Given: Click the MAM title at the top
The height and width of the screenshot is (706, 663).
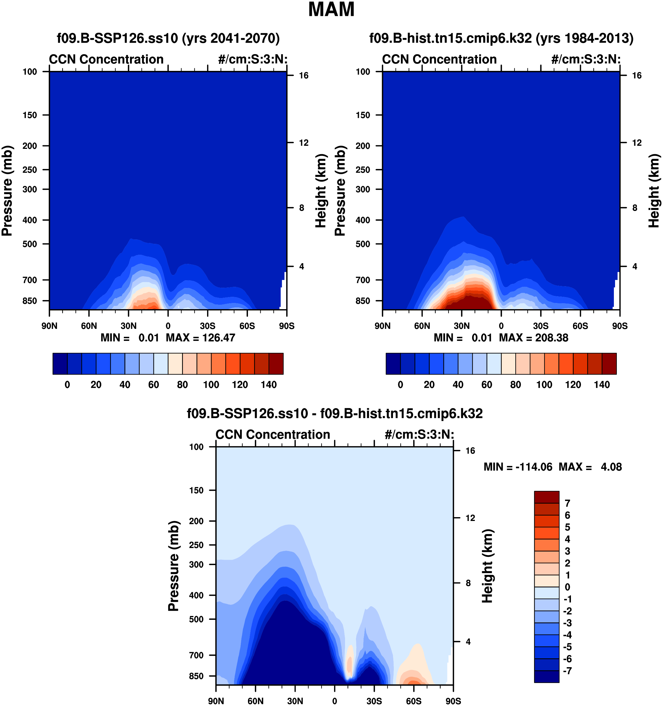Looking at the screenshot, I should (331, 10).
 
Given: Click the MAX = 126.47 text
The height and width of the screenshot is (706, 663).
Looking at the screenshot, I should (200, 338).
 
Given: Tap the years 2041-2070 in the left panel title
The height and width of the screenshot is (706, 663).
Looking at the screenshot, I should (231, 38).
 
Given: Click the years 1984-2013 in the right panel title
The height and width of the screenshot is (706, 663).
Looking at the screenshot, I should (584, 38).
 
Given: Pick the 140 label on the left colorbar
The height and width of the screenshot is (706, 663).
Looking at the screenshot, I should (269, 384).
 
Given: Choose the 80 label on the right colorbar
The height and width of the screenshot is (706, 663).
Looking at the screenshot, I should (515, 384).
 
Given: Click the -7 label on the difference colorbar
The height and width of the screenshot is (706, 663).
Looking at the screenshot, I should (567, 671).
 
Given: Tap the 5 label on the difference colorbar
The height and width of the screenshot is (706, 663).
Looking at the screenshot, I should (567, 527).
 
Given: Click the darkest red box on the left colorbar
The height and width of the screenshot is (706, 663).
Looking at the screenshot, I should (276, 364).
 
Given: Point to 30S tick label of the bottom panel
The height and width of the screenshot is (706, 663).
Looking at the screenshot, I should (374, 701).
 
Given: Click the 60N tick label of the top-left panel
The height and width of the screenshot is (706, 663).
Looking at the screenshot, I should (89, 326).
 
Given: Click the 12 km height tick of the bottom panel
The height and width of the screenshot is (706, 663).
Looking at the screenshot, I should (470, 518).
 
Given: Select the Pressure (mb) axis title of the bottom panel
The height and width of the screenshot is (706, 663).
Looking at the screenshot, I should (173, 566).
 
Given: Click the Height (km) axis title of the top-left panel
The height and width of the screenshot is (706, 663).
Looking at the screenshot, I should (320, 191).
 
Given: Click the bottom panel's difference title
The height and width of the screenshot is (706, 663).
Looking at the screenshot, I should (334, 414).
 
